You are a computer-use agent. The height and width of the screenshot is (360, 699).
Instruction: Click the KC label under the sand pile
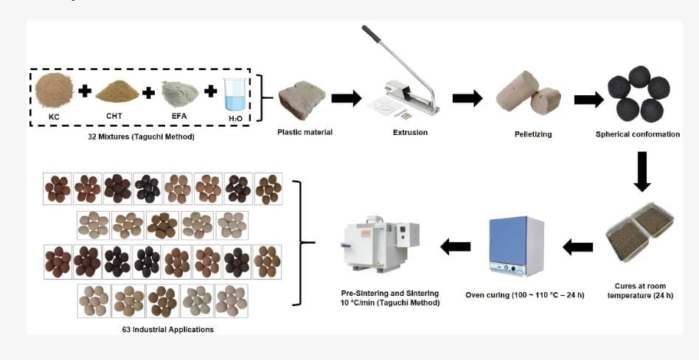[53, 116]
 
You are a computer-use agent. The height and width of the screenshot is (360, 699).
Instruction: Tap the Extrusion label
[411, 133]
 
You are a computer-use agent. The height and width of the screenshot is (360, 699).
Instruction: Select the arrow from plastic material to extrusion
[346, 98]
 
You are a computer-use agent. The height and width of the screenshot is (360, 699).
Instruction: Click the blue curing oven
[516, 246]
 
